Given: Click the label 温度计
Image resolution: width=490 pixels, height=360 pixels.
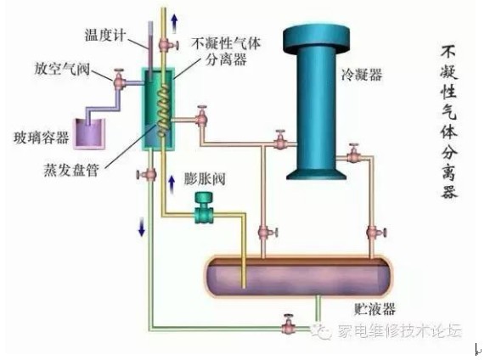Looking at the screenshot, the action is tap(105, 35).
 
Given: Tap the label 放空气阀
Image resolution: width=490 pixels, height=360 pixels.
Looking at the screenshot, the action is tap(62, 69).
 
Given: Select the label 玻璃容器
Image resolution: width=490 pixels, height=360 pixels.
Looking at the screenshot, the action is tap(42, 138).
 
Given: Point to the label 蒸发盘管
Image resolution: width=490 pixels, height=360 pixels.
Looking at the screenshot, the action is tap(71, 170).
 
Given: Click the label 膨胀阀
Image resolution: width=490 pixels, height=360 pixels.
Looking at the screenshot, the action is tap(205, 179).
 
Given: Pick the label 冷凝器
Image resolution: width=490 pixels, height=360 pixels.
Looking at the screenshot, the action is tap(362, 75).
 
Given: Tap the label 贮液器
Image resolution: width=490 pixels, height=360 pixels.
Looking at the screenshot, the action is tap(375, 309).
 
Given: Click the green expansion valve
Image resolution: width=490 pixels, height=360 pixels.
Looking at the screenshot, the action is tap(204, 208).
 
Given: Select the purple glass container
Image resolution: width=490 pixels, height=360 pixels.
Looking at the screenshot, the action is tap(90, 134).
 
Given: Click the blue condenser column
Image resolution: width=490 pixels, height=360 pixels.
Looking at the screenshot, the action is tap(316, 103).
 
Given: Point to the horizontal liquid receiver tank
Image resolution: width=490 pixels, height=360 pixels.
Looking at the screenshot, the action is tap(298, 277).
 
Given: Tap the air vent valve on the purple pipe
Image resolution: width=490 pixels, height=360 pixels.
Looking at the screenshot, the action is tap(119, 80).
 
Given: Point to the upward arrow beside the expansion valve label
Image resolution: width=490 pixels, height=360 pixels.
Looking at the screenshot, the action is tap(172, 184).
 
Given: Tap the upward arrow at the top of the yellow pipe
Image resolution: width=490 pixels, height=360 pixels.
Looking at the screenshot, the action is tap(175, 24).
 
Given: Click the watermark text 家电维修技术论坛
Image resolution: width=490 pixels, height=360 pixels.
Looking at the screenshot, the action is tap(399, 330).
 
